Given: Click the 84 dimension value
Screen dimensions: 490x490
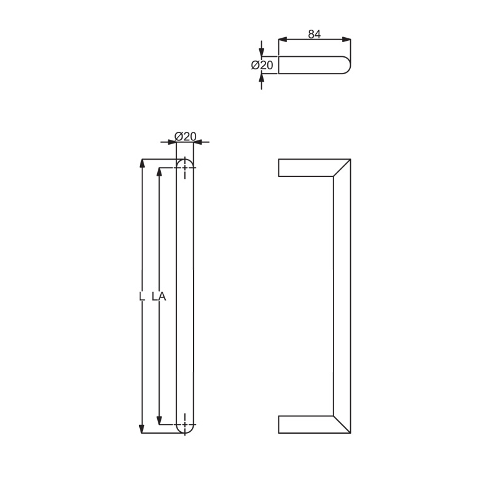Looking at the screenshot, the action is pos(314,34).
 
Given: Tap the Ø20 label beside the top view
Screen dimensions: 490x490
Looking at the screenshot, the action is pos(262,65).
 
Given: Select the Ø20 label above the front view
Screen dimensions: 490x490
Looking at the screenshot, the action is pos(185,136).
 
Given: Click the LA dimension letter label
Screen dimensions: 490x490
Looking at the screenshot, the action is pos(159,296).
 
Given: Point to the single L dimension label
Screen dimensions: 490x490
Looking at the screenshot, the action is pos(142,296).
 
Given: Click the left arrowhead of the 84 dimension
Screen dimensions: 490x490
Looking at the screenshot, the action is pos(283,40).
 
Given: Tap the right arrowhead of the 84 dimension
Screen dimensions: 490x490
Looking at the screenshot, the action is pos(346,40).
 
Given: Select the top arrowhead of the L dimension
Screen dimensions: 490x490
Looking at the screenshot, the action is pos(142,163).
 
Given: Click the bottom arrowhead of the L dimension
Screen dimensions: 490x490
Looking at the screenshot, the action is pos(142,429).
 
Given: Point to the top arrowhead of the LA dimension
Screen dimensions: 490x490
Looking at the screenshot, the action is pos(160,172).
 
